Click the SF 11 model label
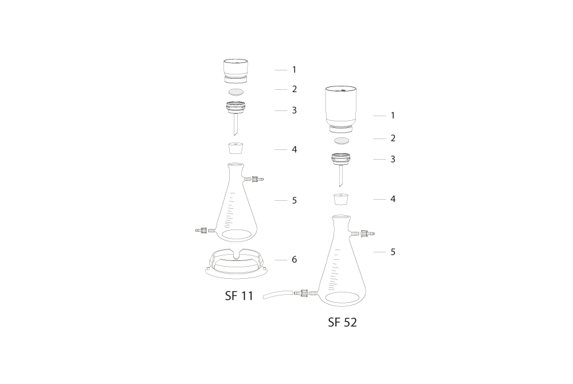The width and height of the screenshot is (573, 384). [239, 296]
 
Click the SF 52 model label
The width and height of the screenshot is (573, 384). [342, 322]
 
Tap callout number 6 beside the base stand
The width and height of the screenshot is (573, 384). [294, 259]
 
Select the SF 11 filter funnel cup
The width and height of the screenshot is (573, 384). [236, 70]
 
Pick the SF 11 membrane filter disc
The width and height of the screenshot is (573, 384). [236, 91]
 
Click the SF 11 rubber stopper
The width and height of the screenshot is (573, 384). [236, 148]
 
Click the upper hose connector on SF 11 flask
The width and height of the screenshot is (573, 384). [254, 179]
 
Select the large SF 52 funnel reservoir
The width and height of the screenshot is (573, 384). [341, 109]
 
